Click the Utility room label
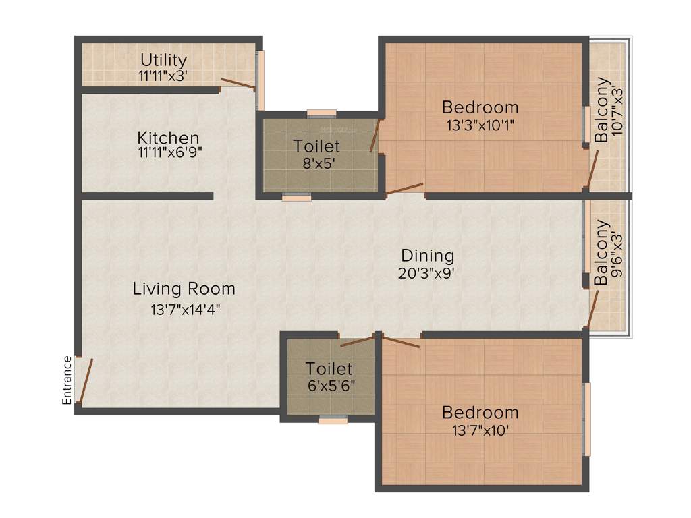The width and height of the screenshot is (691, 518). (x=163, y=61)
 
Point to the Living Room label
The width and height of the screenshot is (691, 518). (x=184, y=289)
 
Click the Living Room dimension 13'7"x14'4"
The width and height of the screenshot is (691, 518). (x=185, y=310)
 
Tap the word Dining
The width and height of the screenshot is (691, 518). (x=427, y=256)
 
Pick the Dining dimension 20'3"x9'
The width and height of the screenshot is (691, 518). (x=429, y=273)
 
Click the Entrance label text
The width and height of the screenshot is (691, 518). (x=67, y=380)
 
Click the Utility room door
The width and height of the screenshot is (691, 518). (x=237, y=84)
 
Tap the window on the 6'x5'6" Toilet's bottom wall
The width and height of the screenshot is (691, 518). (x=333, y=420)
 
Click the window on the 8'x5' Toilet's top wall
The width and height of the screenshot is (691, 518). (x=321, y=113)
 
